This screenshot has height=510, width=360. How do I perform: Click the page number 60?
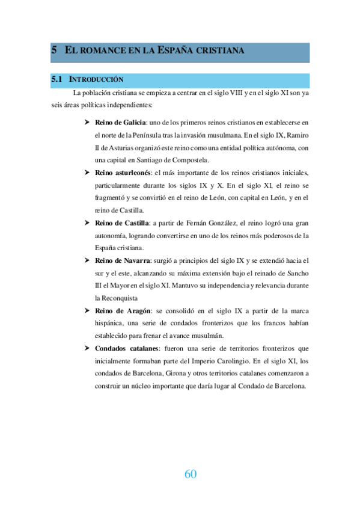click(190, 474)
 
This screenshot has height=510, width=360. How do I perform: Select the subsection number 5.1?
click(57, 79)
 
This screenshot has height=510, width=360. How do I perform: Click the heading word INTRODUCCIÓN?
click(97, 79)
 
